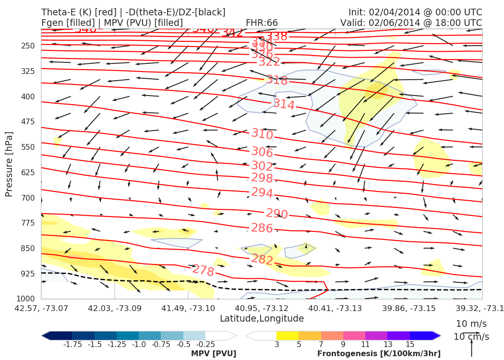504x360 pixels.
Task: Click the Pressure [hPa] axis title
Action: click(x=9, y=165)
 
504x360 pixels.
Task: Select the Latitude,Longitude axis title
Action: click(x=262, y=319)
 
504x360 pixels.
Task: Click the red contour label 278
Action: click(x=203, y=271)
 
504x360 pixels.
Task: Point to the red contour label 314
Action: click(x=284, y=104)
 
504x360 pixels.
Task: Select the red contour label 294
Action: click(x=262, y=193)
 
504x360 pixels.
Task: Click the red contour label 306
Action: click(x=262, y=153)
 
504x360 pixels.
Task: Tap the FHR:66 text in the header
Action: click(x=262, y=23)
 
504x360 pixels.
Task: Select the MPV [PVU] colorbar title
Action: click(x=214, y=354)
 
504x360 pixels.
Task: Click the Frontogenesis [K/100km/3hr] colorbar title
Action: click(x=379, y=354)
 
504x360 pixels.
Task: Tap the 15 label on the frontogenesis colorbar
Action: click(x=409, y=344)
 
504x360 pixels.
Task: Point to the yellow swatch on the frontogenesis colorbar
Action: click(x=288, y=335)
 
